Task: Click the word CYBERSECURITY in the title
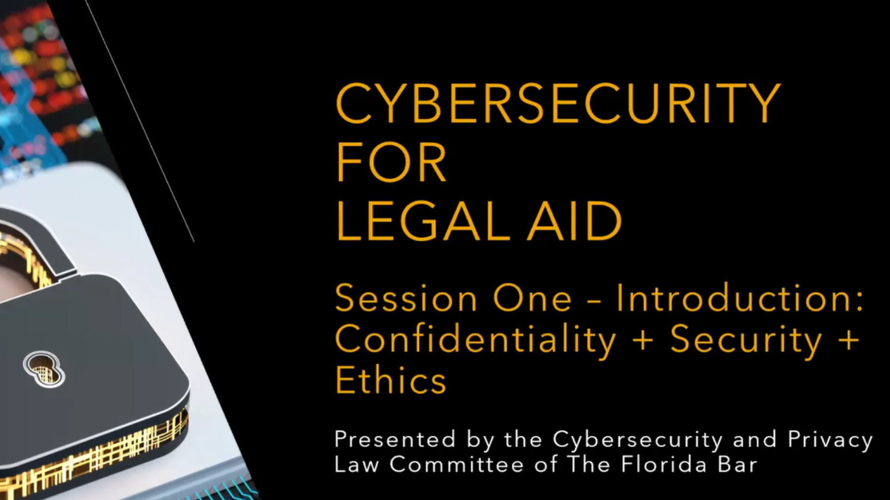tap(558, 103)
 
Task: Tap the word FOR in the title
tap(392, 162)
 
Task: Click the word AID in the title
tap(574, 221)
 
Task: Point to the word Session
tap(406, 298)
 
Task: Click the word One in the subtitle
tap(532, 298)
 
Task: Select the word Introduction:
tap(740, 298)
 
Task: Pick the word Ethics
tap(390, 379)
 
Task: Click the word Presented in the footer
tap(395, 439)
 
